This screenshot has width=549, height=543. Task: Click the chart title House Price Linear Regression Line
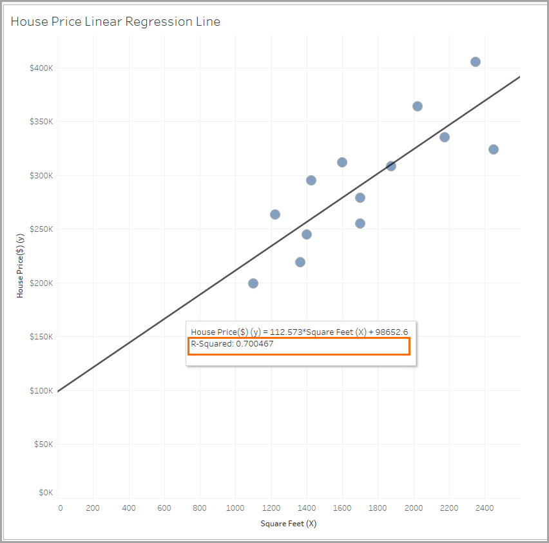click(x=115, y=22)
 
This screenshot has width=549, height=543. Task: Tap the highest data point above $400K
click(x=476, y=62)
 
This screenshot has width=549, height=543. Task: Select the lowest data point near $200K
click(x=253, y=283)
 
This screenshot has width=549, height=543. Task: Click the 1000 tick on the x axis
click(x=235, y=508)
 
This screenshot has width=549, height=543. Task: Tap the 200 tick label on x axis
click(x=93, y=508)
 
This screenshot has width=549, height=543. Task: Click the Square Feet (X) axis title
click(x=288, y=524)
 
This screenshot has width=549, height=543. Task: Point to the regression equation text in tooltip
click(x=299, y=332)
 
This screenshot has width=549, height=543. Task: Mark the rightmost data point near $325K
click(x=494, y=149)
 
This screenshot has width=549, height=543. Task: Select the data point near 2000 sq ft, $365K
click(x=418, y=106)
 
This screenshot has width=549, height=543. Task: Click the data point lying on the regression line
click(x=391, y=166)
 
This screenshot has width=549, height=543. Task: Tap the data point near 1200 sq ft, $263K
click(x=275, y=214)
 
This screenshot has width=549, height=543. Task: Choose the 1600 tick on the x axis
click(x=342, y=508)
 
